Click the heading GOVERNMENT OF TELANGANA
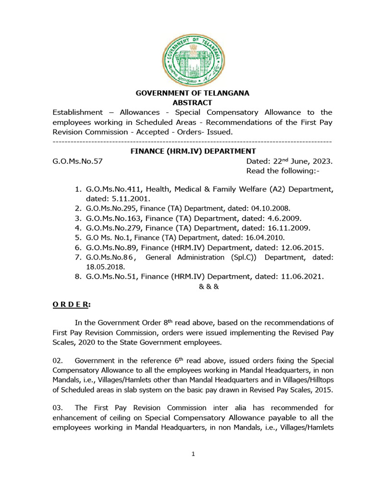pyautogui.click(x=192, y=93)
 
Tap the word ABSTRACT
pyautogui.click(x=192, y=103)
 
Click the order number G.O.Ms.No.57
pyautogui.click(x=77, y=161)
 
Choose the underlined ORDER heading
pyautogui.click(x=71, y=305)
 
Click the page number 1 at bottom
pyautogui.click(x=193, y=455)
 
